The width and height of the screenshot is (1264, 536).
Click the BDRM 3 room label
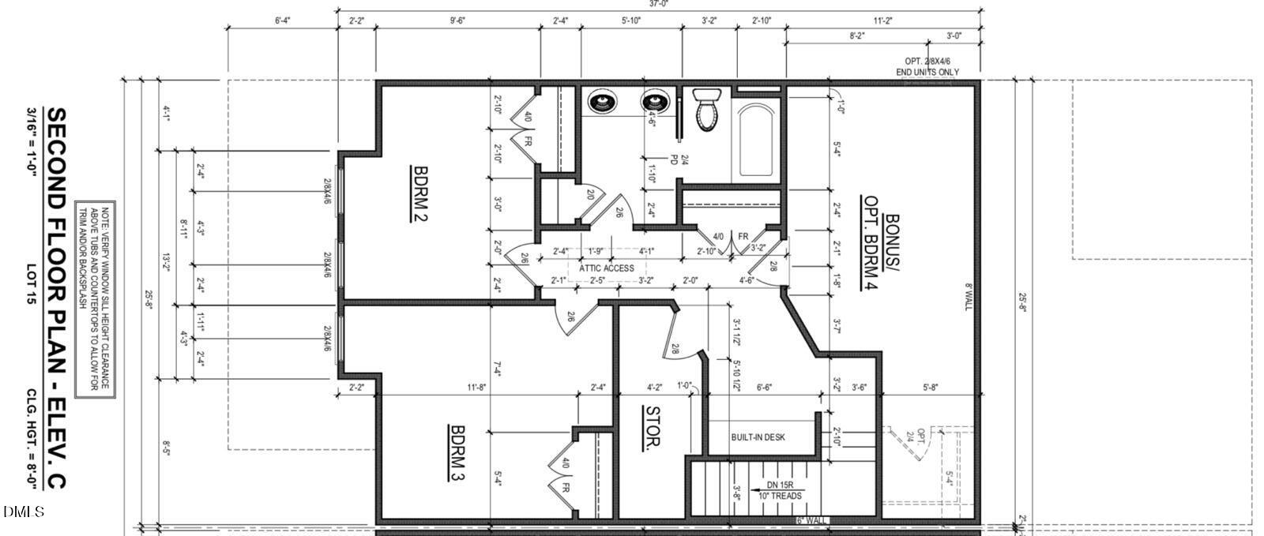[x=457, y=454]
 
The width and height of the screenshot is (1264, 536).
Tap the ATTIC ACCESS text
[x=606, y=268]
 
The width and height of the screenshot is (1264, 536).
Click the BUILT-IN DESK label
[x=758, y=437]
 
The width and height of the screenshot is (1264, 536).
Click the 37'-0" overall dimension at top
[x=660, y=4]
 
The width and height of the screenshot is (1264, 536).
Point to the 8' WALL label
[x=968, y=296]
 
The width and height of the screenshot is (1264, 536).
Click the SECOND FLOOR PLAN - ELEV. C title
[x=56, y=298]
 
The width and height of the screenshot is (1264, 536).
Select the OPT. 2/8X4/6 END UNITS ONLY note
[x=932, y=66]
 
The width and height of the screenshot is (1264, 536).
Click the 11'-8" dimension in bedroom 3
[x=476, y=387]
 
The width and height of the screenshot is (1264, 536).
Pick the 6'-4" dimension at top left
[x=282, y=21]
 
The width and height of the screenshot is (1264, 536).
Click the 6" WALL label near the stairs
[x=811, y=520]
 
